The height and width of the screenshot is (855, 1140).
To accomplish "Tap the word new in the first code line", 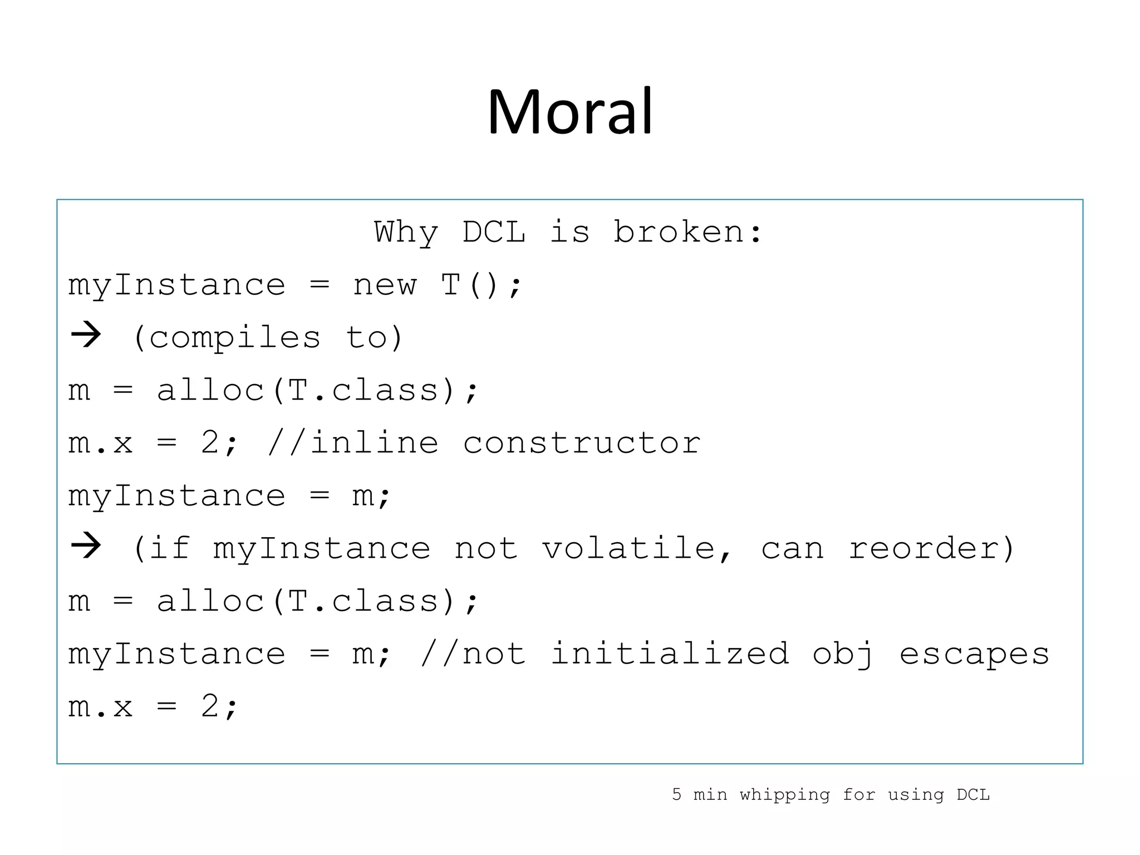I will (x=384, y=285).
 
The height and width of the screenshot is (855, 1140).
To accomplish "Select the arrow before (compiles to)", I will (x=86, y=336).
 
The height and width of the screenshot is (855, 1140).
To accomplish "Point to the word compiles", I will (x=234, y=338).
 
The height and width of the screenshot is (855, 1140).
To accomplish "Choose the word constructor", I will (x=581, y=443).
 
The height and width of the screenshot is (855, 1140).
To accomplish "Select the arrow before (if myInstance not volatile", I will (x=86, y=546).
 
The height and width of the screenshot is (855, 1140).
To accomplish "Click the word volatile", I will (x=629, y=548).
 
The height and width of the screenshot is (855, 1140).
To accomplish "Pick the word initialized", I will (x=670, y=653).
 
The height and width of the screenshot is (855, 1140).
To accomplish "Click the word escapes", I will (x=974, y=653).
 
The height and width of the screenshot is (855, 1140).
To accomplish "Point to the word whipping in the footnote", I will (x=784, y=795).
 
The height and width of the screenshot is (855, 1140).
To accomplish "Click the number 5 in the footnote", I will (x=676, y=794).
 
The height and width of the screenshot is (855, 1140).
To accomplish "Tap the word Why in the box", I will (x=406, y=233).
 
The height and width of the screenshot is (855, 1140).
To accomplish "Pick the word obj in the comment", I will (x=842, y=655).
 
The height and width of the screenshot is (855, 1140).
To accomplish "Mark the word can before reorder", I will (x=792, y=548).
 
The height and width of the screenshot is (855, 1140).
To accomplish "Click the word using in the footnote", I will (x=916, y=795).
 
